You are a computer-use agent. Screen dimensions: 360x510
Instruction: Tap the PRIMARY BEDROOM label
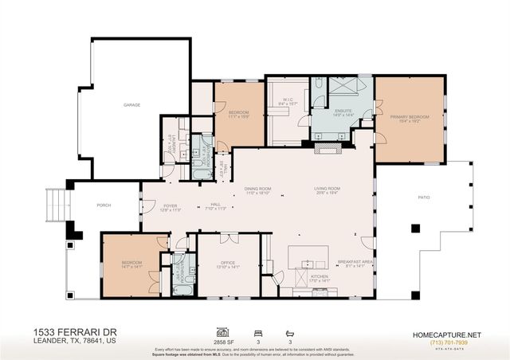tap(409, 117)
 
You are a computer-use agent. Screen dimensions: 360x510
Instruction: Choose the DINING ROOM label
tap(258, 189)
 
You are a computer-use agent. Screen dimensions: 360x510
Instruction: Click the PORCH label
tap(104, 205)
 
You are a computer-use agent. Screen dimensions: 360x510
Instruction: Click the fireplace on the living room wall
tap(328, 147)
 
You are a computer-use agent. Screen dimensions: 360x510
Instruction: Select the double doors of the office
tap(228, 237)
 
